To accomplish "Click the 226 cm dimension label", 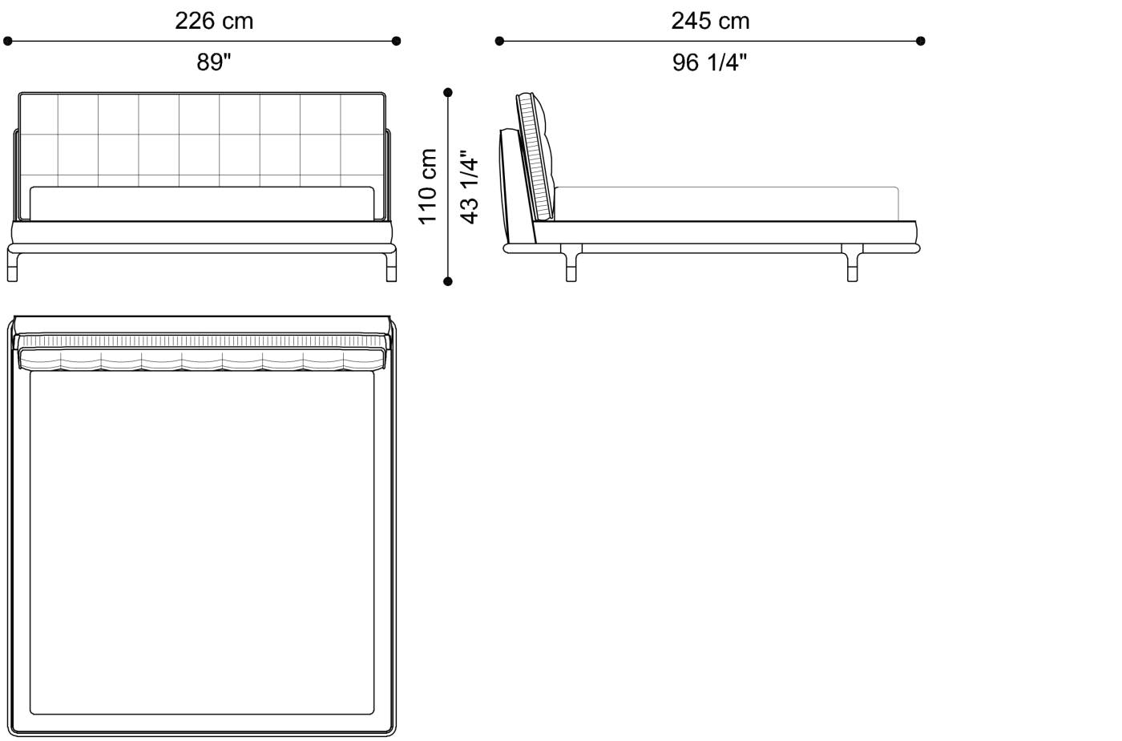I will pyautogui.click(x=214, y=21).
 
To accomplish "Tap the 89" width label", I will pyautogui.click(x=214, y=62).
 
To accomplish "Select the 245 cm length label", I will pyautogui.click(x=710, y=21).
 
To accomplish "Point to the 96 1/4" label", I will pyautogui.click(x=710, y=62).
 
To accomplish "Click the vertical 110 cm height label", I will pyautogui.click(x=428, y=186).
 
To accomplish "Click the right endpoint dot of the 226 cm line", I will pyautogui.click(x=396, y=41).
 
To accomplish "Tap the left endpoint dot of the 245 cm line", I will pyautogui.click(x=499, y=41).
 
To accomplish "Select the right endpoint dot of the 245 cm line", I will pyautogui.click(x=921, y=41).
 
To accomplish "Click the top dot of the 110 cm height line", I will pyautogui.click(x=448, y=93).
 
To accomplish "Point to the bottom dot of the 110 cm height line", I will pyautogui.click(x=448, y=281).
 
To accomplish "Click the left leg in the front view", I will pyautogui.click(x=13, y=266).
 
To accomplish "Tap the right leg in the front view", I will pyautogui.click(x=390, y=266).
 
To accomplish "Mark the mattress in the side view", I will pyautogui.click(x=725, y=203).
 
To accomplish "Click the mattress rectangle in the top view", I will pyautogui.click(x=202, y=545).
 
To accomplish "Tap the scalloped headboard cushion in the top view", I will pyautogui.click(x=202, y=360).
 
